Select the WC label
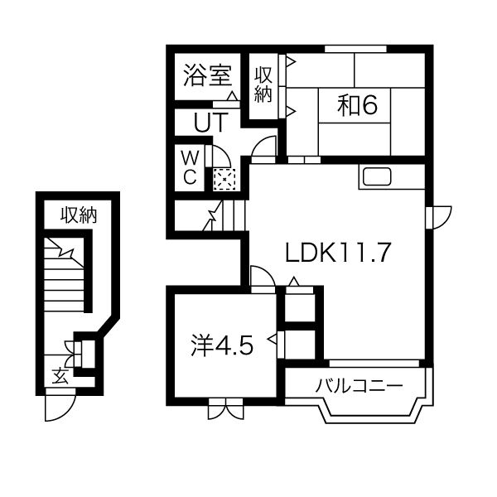click(189, 167)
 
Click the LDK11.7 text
click(338, 253)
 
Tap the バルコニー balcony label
click(359, 386)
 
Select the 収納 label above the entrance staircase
click(78, 217)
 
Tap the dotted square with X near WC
click(224, 178)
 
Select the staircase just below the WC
click(222, 216)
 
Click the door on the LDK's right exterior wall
click(437, 215)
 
